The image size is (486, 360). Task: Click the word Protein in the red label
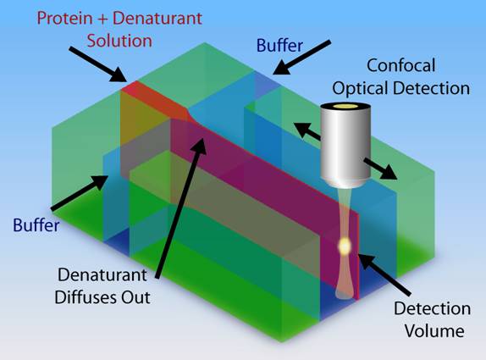click(x=65, y=18)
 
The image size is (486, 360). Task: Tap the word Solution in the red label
click(x=119, y=41)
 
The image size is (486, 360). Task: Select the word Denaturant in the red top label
click(x=157, y=18)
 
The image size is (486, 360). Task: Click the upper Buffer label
click(x=279, y=45)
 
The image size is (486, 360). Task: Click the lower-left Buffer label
click(x=36, y=225)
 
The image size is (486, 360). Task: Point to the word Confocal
click(x=401, y=65)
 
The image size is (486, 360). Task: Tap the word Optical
click(x=361, y=88)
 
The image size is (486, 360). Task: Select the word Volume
click(x=434, y=331)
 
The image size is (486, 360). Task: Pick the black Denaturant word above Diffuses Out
click(x=102, y=274)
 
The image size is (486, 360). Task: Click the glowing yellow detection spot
click(x=345, y=246)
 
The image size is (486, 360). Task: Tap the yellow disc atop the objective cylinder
click(x=346, y=107)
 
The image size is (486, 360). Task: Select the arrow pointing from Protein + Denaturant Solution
click(x=98, y=64)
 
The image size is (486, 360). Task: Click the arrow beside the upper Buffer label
click(x=301, y=58)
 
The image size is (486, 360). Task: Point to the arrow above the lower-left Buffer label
click(x=80, y=193)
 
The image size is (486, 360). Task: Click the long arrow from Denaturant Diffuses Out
click(x=180, y=208)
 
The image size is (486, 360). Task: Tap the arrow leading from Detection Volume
click(x=385, y=274)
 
